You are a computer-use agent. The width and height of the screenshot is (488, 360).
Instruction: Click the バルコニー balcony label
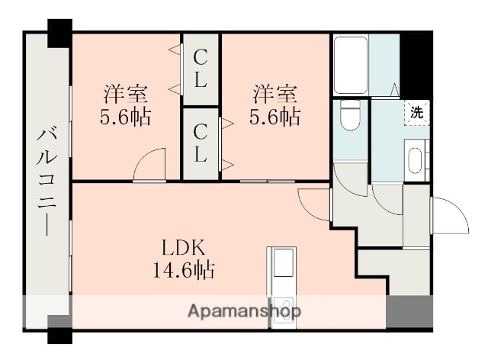[x=47, y=181]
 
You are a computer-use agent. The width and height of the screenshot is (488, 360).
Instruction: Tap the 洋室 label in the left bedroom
[x=126, y=95]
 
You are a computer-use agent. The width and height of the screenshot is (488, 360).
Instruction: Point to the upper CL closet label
[x=201, y=67]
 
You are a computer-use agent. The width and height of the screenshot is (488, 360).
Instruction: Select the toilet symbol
[x=350, y=116]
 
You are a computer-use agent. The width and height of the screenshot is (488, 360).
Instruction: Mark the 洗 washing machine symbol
[x=416, y=111]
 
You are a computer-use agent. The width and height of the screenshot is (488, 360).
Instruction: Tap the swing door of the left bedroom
[x=149, y=166]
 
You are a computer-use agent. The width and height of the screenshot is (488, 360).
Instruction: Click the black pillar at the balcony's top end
[x=59, y=31]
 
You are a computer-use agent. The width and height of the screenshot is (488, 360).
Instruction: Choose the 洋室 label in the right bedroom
[x=274, y=95]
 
